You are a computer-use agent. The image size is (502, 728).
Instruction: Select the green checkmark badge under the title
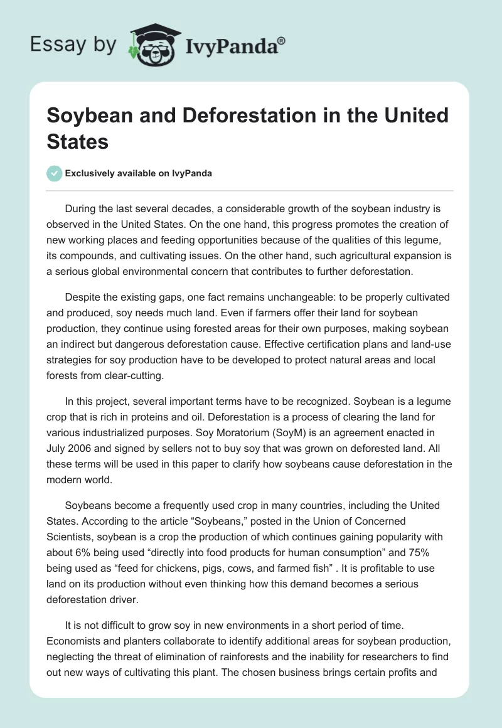pos(55,173)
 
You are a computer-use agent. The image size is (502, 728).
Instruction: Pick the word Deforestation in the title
pos(198,115)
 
